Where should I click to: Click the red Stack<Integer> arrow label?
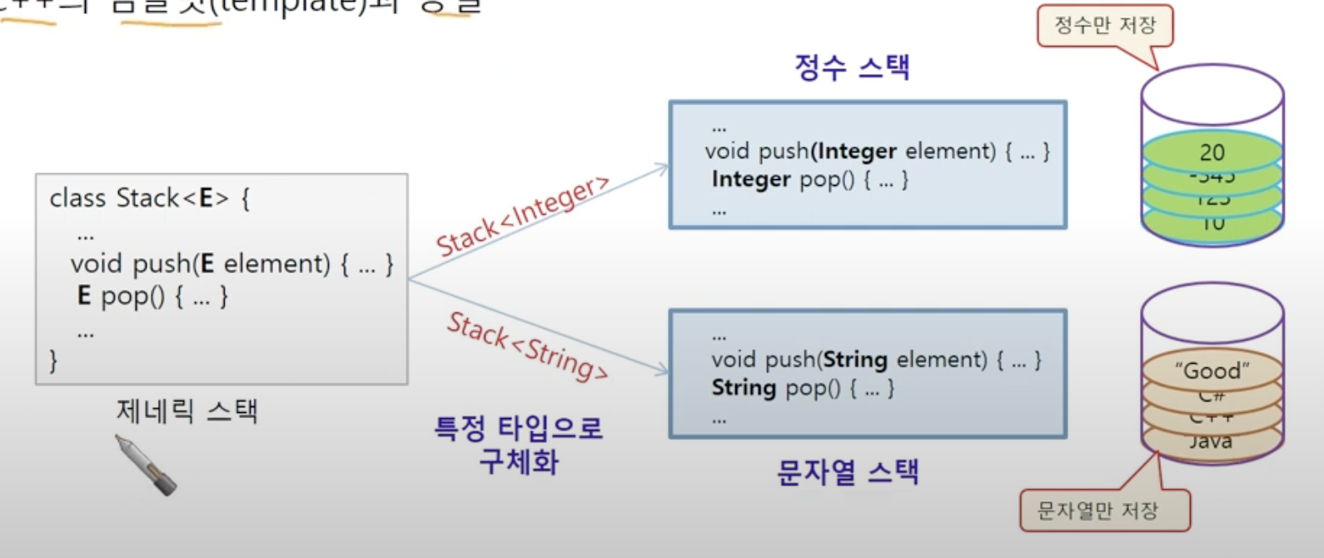(523, 217)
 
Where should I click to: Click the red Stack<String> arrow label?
(527, 346)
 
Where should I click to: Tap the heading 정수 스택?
(852, 67)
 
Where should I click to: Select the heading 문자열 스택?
(848, 472)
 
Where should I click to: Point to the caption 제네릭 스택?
(187, 411)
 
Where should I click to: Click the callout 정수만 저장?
(1105, 25)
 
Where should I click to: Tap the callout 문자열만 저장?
(1098, 511)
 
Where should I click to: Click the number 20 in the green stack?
(1212, 152)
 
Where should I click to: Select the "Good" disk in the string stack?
(1212, 371)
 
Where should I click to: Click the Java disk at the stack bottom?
(1211, 442)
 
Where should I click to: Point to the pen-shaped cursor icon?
(146, 465)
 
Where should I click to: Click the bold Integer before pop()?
(751, 179)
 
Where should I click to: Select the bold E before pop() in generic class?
(83, 296)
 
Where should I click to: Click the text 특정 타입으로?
(518, 428)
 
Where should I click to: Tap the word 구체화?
(518, 461)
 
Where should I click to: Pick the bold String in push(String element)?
(855, 360)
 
